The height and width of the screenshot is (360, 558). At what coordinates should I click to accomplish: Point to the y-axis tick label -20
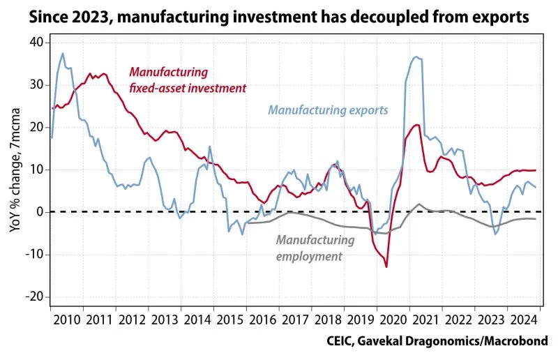(33, 297)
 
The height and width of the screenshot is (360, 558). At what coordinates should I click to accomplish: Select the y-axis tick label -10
(33, 254)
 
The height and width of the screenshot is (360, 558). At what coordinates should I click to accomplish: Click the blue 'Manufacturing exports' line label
(328, 110)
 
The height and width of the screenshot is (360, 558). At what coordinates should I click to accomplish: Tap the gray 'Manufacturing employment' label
(315, 248)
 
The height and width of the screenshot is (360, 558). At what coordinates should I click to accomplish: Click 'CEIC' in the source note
(341, 341)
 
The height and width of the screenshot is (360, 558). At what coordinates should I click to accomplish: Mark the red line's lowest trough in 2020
(386, 267)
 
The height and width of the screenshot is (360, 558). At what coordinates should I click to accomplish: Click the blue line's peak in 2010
(63, 54)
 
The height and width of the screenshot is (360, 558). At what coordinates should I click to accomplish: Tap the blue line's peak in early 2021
(416, 57)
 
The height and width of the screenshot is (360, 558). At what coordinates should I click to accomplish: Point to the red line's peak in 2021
(417, 126)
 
